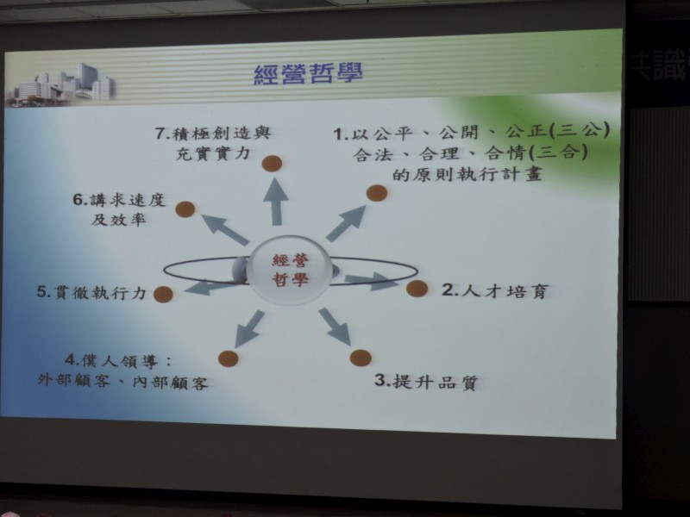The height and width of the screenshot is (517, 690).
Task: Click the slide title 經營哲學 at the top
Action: (x=309, y=73)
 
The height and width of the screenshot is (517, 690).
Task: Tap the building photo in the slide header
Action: (x=61, y=85)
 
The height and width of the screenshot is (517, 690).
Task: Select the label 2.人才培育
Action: (x=495, y=291)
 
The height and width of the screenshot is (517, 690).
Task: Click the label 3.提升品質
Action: (x=426, y=381)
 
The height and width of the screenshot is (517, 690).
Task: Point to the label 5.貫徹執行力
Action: (x=91, y=292)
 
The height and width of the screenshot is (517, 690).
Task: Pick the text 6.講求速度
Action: (x=119, y=200)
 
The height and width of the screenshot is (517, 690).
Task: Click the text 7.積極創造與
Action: (x=213, y=133)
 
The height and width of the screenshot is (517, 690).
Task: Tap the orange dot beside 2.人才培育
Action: (x=417, y=289)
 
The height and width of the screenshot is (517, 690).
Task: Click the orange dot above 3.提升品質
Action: (x=361, y=358)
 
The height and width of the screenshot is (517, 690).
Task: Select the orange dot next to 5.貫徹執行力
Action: (x=163, y=294)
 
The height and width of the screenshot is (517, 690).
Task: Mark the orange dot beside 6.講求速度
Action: (x=185, y=209)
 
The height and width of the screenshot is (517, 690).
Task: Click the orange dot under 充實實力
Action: (x=272, y=164)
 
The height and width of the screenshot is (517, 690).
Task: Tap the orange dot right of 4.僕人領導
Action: (x=228, y=358)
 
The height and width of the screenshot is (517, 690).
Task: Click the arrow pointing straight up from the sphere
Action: (x=275, y=202)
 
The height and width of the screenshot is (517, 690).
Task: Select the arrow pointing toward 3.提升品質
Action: (x=335, y=327)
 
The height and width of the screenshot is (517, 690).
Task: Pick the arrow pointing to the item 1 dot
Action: (x=346, y=223)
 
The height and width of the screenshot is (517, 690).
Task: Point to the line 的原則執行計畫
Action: (x=467, y=175)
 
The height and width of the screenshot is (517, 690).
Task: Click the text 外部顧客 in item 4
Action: (x=73, y=380)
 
